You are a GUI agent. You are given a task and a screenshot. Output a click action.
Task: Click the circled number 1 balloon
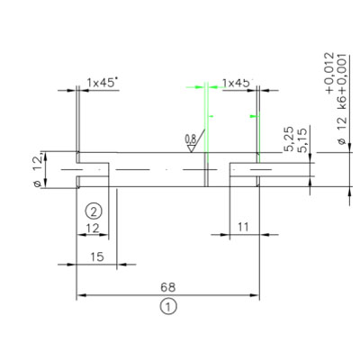click(x=168, y=307)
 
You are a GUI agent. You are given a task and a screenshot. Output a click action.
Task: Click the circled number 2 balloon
click(x=94, y=211)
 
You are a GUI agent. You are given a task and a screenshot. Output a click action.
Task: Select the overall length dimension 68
click(x=167, y=287)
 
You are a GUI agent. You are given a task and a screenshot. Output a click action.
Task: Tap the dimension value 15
click(x=97, y=256)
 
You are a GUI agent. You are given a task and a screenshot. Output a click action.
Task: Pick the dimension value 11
click(x=243, y=227)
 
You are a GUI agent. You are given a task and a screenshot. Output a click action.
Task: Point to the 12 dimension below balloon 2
click(x=93, y=229)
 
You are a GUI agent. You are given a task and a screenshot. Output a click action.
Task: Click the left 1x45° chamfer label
click(x=102, y=83)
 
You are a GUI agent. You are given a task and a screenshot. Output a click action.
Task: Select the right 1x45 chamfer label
click(x=236, y=83)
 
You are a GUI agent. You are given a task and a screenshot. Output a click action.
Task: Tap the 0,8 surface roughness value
click(x=191, y=139)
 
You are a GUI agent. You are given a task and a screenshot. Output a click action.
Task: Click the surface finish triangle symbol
click(x=191, y=148)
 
